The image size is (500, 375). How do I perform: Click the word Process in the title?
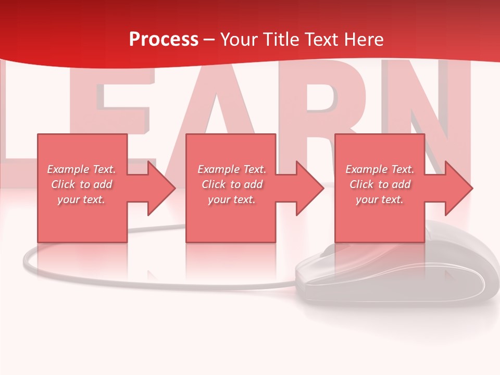tap(164, 40)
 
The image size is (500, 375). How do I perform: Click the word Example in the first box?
tap(68, 169)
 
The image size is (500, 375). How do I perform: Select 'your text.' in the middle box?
tap(231, 199)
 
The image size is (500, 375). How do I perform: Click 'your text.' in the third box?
tap(379, 199)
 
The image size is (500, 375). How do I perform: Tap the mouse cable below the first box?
tap(78, 276)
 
